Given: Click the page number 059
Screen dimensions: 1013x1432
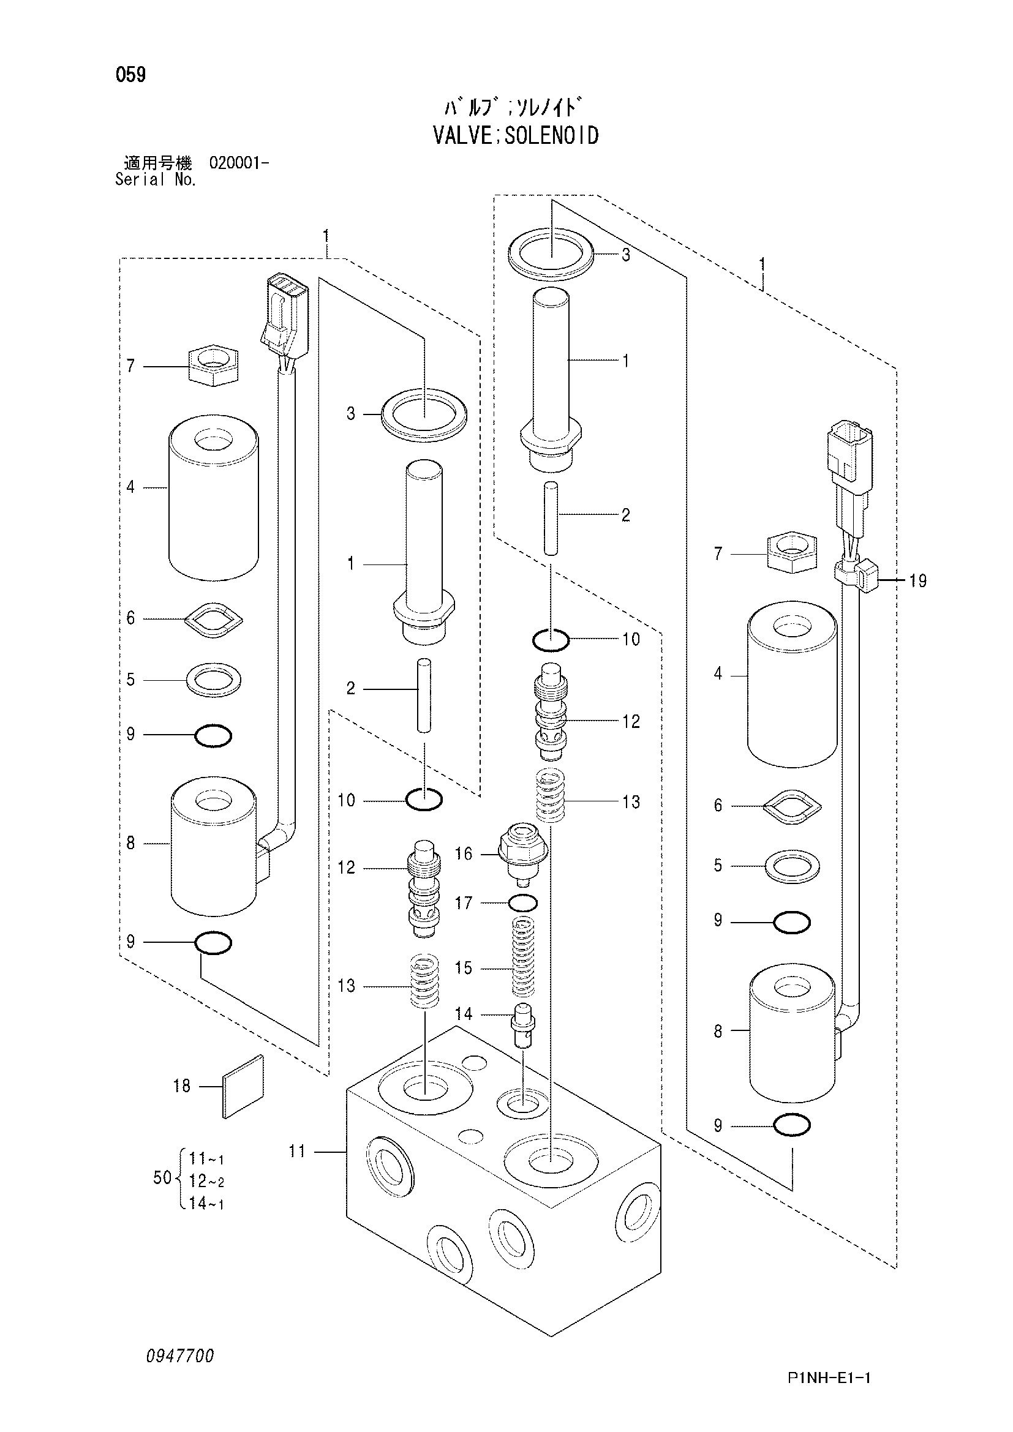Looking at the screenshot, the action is [130, 75].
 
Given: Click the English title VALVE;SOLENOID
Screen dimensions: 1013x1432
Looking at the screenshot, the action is [515, 135].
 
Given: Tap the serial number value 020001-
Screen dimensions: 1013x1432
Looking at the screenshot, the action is [239, 163].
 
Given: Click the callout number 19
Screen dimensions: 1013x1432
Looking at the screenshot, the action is [917, 580].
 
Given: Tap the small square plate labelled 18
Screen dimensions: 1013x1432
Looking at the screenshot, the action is [243, 1087].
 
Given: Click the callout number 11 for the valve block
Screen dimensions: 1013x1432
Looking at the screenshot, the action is [297, 1152].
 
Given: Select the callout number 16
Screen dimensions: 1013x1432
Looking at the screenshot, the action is [464, 853].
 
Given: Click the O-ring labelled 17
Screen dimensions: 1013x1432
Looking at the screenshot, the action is [522, 902].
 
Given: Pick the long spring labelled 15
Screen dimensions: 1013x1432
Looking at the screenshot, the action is [523, 958].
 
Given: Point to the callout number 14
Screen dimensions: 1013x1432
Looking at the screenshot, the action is [464, 1013].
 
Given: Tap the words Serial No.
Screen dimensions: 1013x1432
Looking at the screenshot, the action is [156, 179].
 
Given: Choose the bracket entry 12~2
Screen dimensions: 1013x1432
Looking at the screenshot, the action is [206, 1180].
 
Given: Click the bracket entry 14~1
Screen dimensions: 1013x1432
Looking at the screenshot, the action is [206, 1203].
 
